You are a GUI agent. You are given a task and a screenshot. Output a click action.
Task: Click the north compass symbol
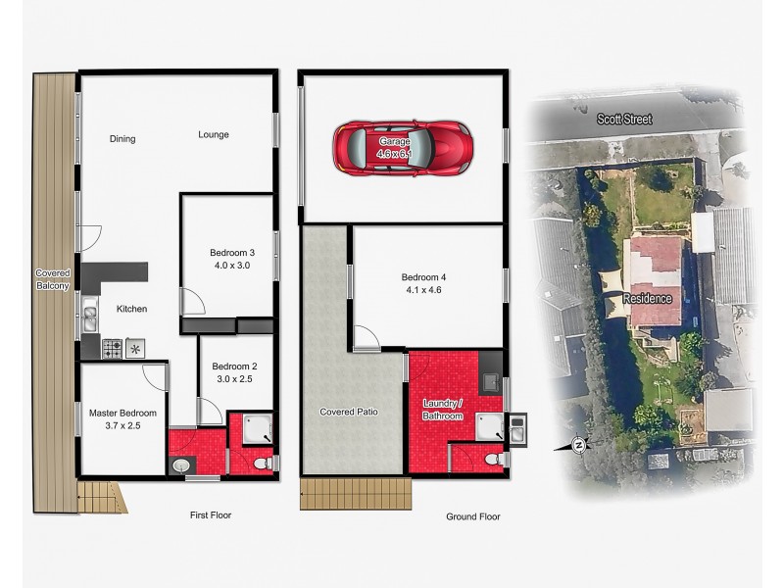[579, 445]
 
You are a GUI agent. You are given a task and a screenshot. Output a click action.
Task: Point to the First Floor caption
[211, 514]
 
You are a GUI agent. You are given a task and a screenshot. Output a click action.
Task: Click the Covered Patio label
[349, 412]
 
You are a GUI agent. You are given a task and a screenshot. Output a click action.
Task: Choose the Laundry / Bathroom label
[442, 410]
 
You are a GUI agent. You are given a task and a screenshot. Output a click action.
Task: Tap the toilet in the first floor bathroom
[260, 462]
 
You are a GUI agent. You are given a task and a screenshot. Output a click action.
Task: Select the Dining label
[122, 139]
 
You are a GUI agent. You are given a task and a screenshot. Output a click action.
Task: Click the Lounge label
[214, 134]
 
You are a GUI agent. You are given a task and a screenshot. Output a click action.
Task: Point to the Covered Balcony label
[52, 279]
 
